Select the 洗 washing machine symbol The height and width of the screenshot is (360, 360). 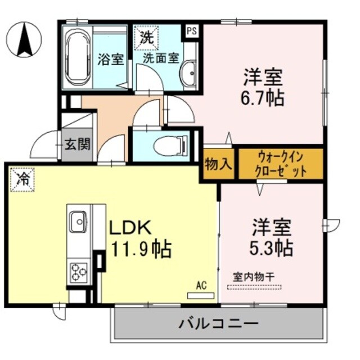(x=146, y=38)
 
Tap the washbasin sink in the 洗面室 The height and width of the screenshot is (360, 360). (x=190, y=71)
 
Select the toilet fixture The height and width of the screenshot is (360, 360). (x=168, y=146)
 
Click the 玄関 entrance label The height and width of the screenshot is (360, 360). (x=76, y=145)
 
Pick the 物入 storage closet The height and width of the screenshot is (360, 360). (x=218, y=164)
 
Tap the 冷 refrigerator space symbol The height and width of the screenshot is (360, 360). (x=22, y=179)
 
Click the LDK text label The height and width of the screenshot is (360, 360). (x=129, y=228)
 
